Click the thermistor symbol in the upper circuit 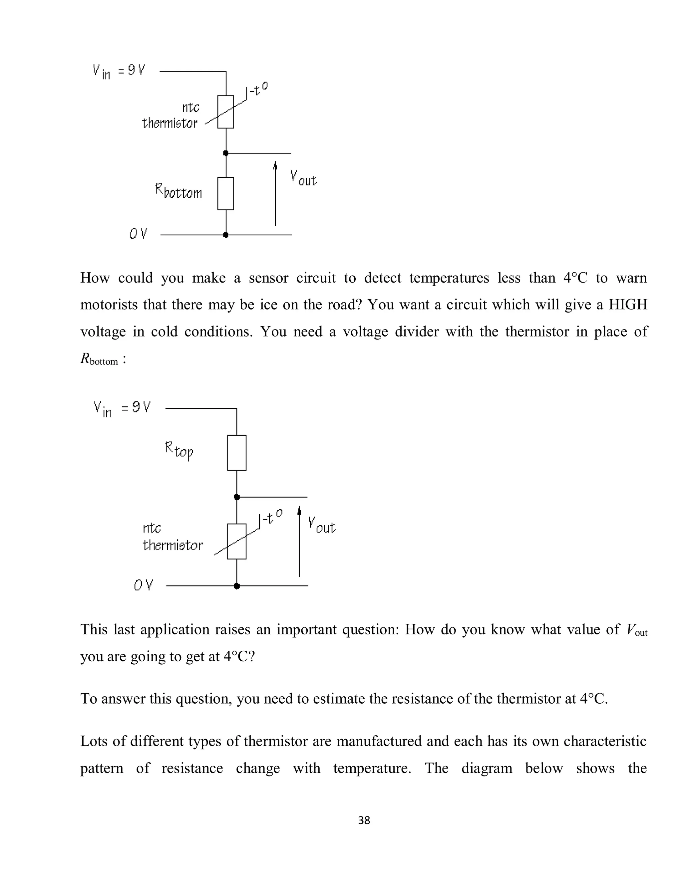[225, 112]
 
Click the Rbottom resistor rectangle [225, 193]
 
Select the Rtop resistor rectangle [237, 453]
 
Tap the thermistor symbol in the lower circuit [237, 541]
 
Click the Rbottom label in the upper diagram [178, 191]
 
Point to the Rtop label [179, 450]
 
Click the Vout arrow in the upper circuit [275, 194]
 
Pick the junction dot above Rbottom [226, 153]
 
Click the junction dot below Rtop [237, 497]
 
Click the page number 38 [364, 820]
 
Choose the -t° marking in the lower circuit [272, 517]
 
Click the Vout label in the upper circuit [303, 178]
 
